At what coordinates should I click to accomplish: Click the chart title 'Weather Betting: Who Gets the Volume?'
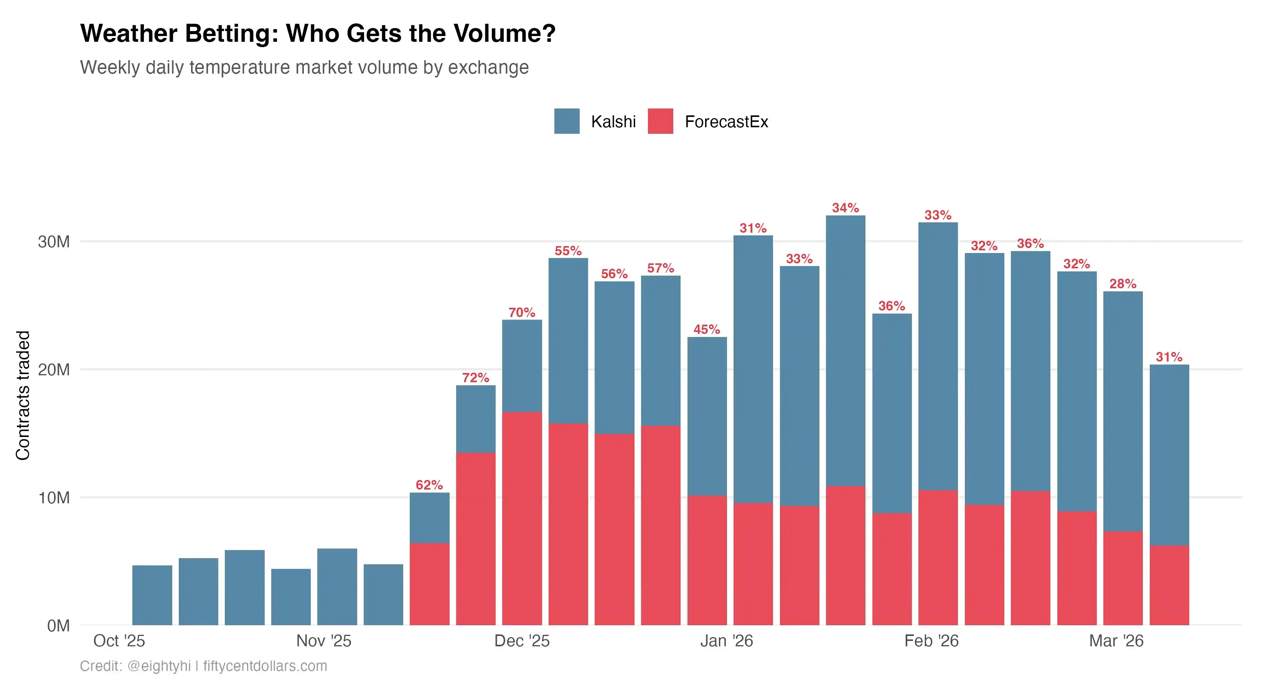point(318,33)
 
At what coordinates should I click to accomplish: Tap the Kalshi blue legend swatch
point(566,121)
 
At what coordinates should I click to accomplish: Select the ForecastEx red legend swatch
point(660,121)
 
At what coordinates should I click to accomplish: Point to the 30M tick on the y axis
point(54,242)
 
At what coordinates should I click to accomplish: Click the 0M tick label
point(58,626)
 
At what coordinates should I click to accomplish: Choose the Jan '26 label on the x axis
point(726,641)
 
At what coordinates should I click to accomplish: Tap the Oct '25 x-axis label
point(119,641)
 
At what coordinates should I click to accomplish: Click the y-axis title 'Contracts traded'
point(23,395)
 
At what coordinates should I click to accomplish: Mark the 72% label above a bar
point(475,378)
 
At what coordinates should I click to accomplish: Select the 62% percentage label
point(429,485)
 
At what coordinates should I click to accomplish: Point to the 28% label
point(1123,284)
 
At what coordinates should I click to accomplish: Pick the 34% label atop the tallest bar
point(845,208)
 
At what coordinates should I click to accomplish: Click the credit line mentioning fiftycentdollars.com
point(203,666)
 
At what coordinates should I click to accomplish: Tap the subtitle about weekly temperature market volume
point(304,67)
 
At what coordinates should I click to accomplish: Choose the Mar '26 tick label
point(1116,641)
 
